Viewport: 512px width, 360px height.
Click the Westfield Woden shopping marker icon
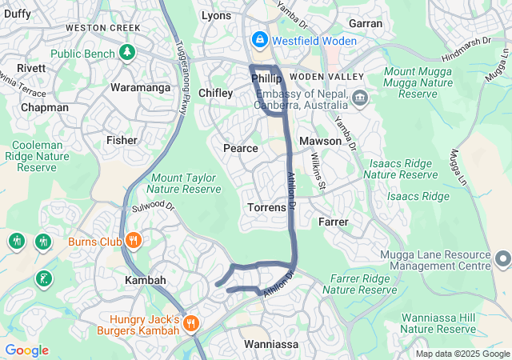click(260, 38)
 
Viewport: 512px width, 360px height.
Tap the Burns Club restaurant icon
click(134, 239)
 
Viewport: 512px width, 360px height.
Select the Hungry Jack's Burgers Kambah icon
click(190, 324)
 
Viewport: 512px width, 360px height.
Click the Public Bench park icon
click(126, 53)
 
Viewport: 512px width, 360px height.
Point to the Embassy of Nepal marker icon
click(359, 98)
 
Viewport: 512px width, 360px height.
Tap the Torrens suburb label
click(266, 207)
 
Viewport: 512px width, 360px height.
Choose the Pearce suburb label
click(240, 148)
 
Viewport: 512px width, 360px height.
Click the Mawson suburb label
click(320, 141)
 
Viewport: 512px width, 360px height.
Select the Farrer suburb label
click(333, 221)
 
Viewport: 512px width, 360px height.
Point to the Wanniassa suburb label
click(270, 344)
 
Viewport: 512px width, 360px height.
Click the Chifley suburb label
click(215, 93)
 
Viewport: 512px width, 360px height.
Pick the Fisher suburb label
click(122, 140)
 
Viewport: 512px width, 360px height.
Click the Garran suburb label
click(366, 23)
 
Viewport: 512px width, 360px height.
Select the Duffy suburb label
click(17, 14)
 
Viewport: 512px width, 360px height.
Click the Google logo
click(26, 350)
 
